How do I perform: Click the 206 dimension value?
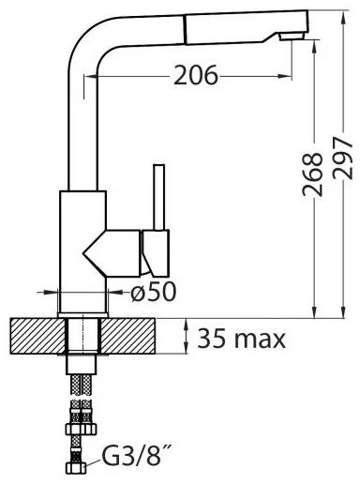click(x=195, y=76)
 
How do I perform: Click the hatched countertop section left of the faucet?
click(x=36, y=335)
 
